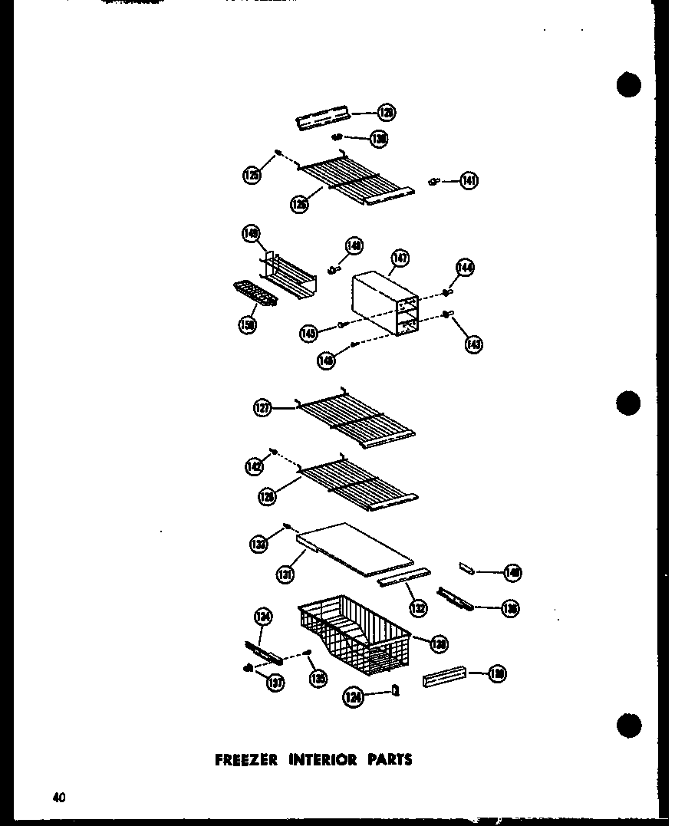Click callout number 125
252,176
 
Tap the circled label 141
469,182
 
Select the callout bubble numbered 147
400,260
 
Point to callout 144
465,268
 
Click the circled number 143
473,344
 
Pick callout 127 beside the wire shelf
263,409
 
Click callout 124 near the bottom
353,698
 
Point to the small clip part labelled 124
396,690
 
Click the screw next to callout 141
434,181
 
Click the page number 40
59,798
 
